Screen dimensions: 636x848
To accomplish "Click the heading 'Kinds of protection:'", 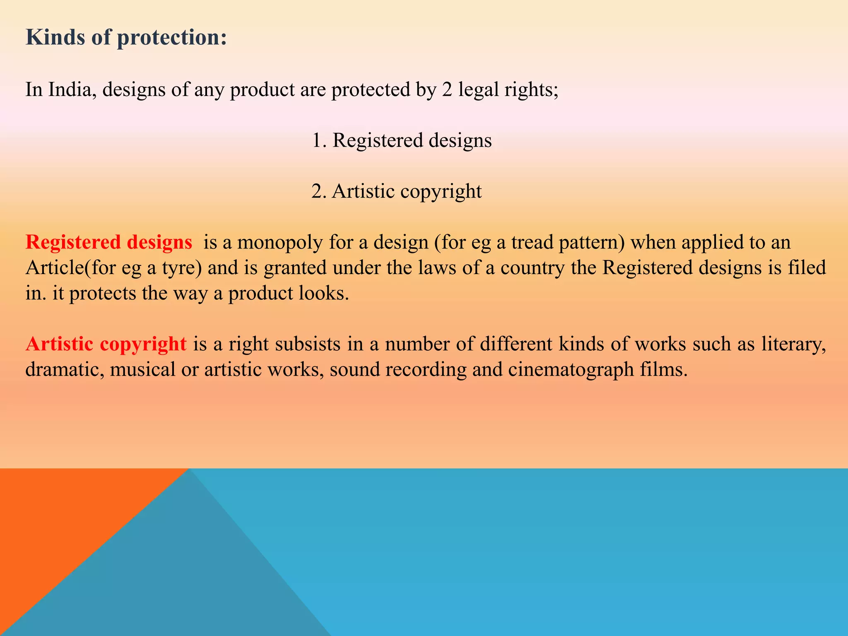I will click(126, 37).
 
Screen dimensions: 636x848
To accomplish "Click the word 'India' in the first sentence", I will click(70, 89).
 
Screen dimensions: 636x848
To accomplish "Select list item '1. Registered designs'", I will click(402, 140).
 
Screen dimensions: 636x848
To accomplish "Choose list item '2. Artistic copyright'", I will click(396, 191).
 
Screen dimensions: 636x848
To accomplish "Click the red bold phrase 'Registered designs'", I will click(108, 242).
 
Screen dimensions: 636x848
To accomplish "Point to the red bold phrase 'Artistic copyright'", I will click(106, 344).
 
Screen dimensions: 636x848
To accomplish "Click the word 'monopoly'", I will click(280, 242).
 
